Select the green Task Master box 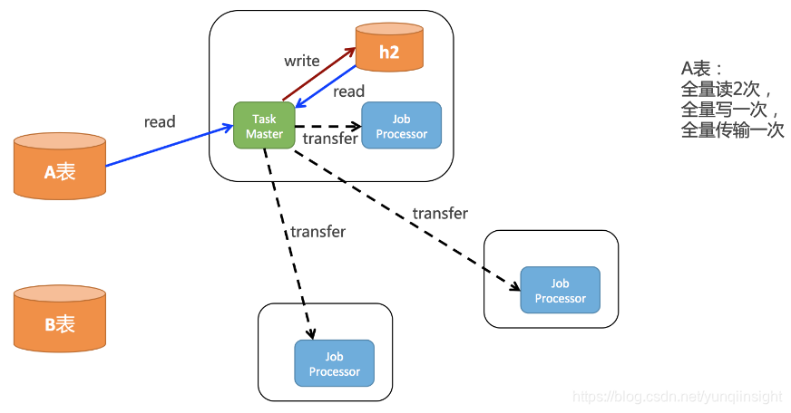click(x=264, y=126)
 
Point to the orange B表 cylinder click(x=60, y=319)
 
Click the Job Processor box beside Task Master click(x=401, y=126)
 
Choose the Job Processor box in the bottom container click(x=334, y=364)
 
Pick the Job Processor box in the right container click(x=560, y=291)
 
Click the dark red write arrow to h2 click(x=317, y=75)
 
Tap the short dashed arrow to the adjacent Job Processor click(x=327, y=126)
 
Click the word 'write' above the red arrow click(x=302, y=61)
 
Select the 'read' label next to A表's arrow click(x=160, y=121)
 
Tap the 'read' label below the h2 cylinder click(x=348, y=91)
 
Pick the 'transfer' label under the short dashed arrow click(x=330, y=139)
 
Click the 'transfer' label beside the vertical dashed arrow click(x=317, y=232)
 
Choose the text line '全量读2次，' click(x=726, y=90)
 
